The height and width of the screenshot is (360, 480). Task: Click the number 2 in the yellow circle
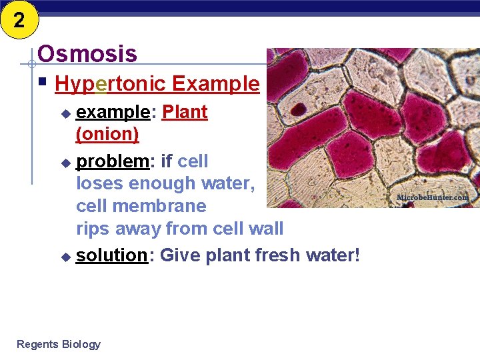pyautogui.click(x=18, y=19)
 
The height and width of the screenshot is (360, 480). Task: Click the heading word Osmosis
pyautogui.click(x=87, y=54)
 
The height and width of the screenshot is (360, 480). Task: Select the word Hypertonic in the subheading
pyautogui.click(x=110, y=84)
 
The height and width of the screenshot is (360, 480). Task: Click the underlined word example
pyautogui.click(x=113, y=112)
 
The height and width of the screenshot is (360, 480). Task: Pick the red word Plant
pyautogui.click(x=185, y=112)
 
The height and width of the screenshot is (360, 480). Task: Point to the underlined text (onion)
pyautogui.click(x=107, y=134)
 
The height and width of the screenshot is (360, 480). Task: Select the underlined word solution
pyautogui.click(x=111, y=255)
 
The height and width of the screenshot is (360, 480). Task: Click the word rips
pyautogui.click(x=95, y=229)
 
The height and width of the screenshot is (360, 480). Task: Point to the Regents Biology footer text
pyautogui.click(x=59, y=344)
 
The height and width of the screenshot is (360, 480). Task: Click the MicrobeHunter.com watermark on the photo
pyautogui.click(x=432, y=197)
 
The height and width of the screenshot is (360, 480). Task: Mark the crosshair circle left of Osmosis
pyautogui.click(x=31, y=65)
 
